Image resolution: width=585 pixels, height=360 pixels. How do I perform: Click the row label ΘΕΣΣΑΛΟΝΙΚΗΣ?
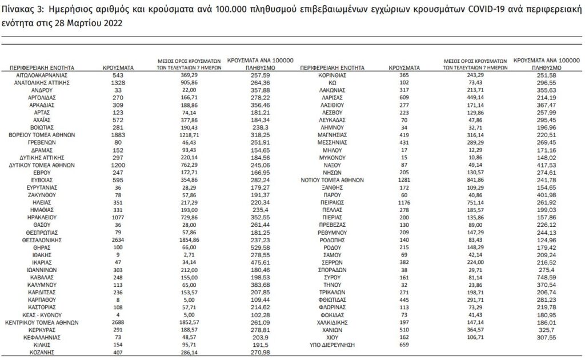pos(43,240)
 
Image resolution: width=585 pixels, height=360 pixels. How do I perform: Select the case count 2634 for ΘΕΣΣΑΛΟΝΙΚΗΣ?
pos(118,240)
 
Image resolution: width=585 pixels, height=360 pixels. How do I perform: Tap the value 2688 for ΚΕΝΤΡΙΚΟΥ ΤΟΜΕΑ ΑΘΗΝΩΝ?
pos(118,322)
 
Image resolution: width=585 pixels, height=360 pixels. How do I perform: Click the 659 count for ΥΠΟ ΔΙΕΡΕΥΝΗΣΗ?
pos(403,345)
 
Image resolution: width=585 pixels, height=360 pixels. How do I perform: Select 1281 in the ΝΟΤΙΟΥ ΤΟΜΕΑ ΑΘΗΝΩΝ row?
pos(403,179)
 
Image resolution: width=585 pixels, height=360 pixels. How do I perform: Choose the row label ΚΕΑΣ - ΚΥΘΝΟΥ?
pos(43,315)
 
